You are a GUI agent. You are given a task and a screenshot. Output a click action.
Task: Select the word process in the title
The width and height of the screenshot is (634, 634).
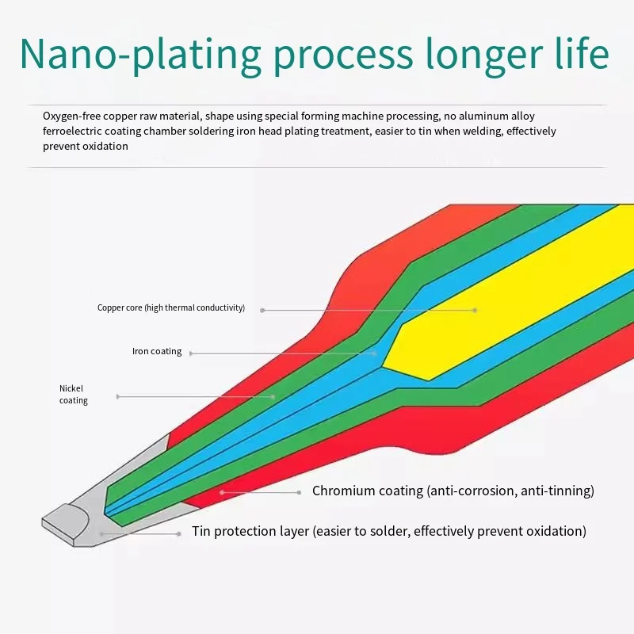pos(343,56)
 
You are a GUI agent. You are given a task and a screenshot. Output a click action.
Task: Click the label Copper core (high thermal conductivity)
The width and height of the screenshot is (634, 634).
pos(171,307)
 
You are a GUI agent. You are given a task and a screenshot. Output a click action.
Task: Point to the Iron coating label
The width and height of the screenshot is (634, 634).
pos(157,351)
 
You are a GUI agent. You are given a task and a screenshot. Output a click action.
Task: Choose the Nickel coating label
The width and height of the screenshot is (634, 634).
pos(74,394)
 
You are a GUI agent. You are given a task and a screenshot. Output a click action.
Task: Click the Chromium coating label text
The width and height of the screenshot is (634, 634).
pos(453,491)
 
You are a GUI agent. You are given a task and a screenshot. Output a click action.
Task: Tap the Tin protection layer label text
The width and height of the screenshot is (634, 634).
pos(389,531)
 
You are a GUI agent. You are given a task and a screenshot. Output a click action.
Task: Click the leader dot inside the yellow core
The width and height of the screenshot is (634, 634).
pos(475,311)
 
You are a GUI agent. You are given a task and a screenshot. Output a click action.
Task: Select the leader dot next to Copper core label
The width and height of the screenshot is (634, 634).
pos(262,310)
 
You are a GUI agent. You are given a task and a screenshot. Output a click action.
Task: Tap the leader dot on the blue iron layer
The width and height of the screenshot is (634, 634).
pos(374,353)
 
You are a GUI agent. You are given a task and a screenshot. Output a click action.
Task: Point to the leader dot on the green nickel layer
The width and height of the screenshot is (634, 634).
pos(273,397)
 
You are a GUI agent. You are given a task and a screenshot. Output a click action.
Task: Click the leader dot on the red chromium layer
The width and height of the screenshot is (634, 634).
pos(222,492)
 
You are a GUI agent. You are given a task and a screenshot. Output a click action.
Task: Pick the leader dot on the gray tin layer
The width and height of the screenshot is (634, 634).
pos(101,534)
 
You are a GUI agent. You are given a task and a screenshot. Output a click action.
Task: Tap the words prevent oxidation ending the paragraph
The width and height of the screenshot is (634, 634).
pos(86,147)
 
